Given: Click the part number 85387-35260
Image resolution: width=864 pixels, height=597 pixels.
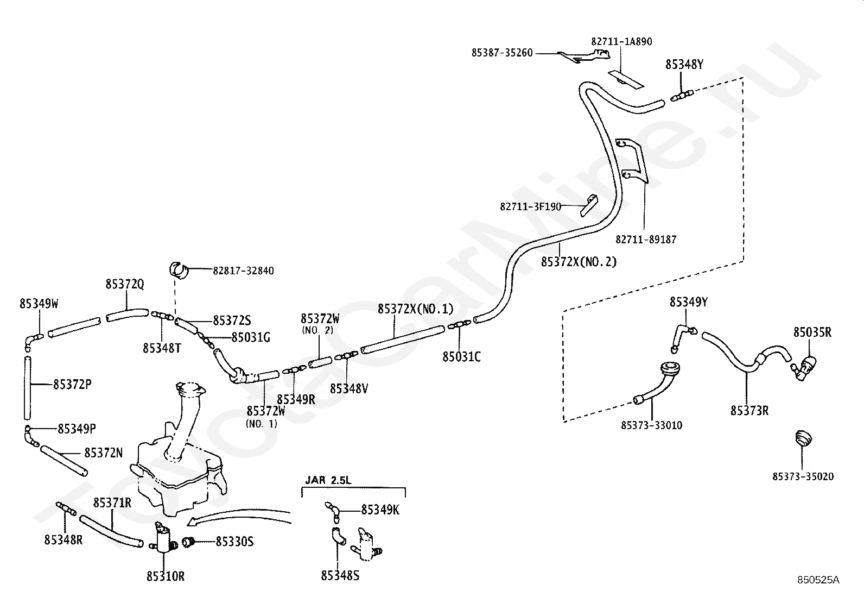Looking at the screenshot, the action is tap(502, 53).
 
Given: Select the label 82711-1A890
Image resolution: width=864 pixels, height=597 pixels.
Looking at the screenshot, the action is tap(621, 42).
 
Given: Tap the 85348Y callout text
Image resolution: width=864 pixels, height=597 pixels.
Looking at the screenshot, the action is tap(684, 65).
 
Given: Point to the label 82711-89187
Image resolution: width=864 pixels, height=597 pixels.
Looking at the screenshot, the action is tap(646, 240).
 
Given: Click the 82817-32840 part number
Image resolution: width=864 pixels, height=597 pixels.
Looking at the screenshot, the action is tap(243, 271).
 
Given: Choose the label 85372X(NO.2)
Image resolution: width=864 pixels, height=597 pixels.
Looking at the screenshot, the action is tap(579, 262).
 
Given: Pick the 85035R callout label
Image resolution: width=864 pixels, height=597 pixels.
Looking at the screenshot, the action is tap(812, 332).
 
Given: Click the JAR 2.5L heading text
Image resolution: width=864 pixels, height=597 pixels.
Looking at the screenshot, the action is tap(328, 480).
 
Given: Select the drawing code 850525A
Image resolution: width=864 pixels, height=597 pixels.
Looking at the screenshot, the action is tap(818, 580).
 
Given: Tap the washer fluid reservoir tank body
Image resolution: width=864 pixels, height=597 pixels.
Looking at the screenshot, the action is tap(177, 479).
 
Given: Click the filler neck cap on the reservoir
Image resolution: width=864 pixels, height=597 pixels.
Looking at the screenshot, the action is tap(190, 390).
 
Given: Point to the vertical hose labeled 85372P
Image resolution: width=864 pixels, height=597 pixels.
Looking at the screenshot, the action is tap(27, 388).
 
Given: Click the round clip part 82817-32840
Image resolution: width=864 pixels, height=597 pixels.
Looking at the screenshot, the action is tap(178, 269).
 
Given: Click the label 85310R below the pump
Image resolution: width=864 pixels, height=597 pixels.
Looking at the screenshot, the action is tap(166, 576).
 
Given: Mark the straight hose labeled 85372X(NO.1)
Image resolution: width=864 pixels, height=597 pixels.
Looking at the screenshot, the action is tap(402, 340).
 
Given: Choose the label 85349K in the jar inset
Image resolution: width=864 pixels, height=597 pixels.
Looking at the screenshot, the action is tap(380, 510).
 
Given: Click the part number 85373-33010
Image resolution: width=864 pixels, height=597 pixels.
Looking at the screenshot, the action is tap(651, 425).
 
